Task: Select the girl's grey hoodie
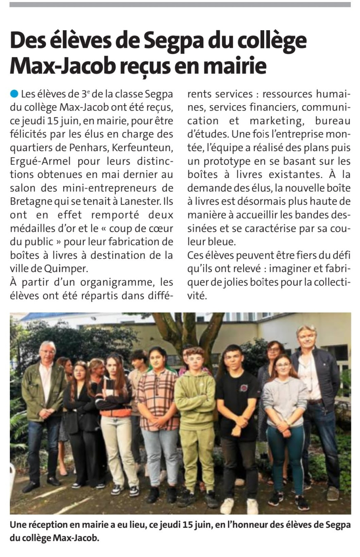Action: [x=285, y=396]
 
